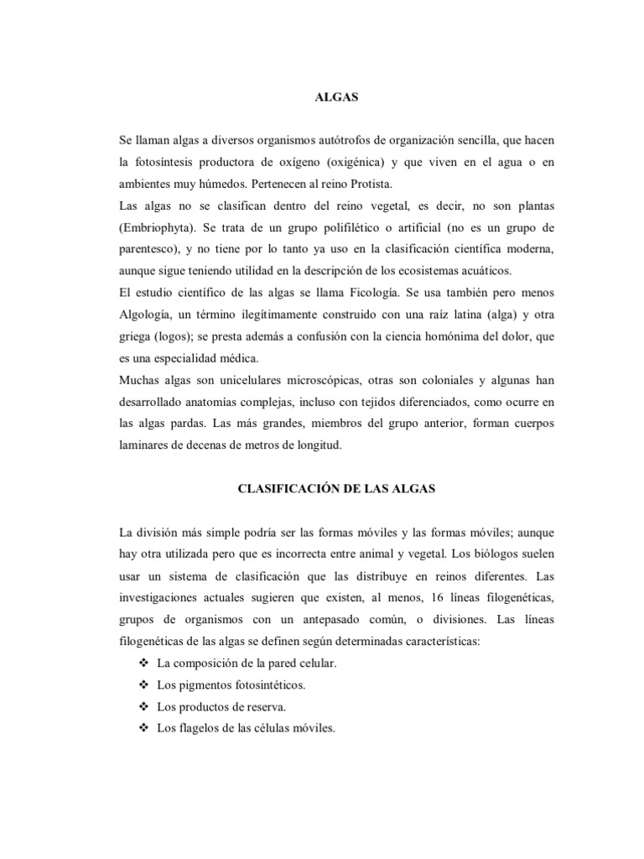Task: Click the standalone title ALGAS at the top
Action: pyautogui.click(x=335, y=97)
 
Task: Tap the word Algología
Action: pyautogui.click(x=148, y=315)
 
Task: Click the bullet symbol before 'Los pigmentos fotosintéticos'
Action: pyautogui.click(x=142, y=685)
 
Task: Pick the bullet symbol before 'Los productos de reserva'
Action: pyautogui.click(x=142, y=707)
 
